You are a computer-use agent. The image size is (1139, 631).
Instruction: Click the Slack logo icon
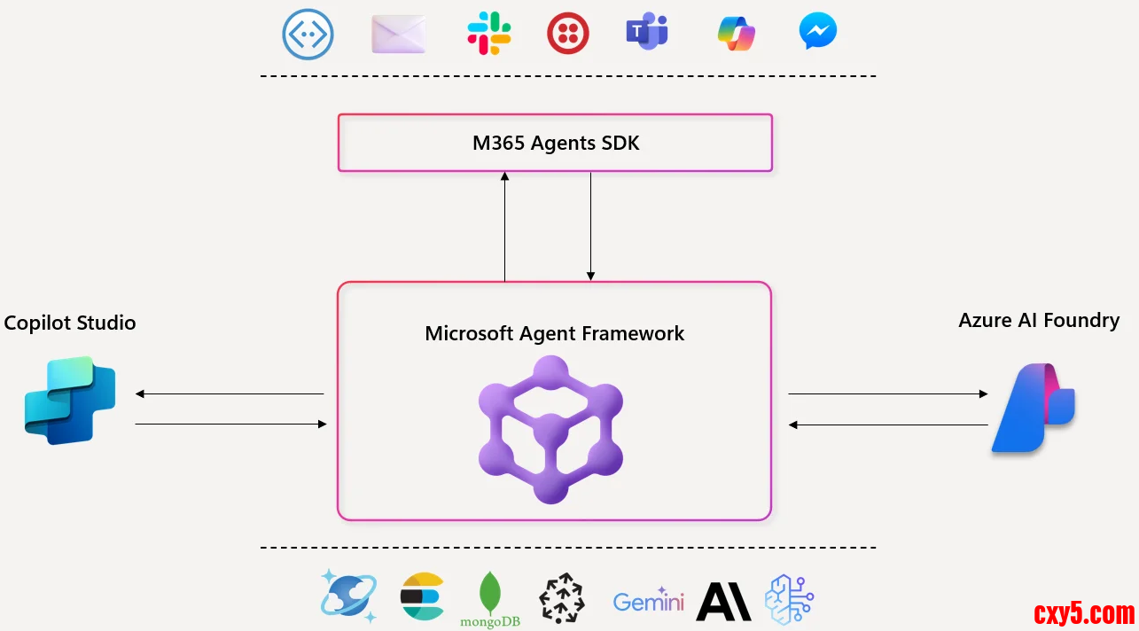489,34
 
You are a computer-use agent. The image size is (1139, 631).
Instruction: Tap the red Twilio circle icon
568,34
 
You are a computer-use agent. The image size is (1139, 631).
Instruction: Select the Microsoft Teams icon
647,33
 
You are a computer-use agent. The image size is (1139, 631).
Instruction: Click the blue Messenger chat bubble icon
817,32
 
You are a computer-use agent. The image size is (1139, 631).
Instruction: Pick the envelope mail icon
398,35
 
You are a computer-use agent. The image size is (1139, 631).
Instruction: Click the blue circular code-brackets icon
308,35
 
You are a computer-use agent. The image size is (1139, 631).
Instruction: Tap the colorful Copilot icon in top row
736,34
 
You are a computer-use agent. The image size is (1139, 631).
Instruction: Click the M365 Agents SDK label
555,143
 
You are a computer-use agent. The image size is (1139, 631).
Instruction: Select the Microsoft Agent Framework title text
554,333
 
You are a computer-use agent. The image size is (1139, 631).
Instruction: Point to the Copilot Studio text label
70,323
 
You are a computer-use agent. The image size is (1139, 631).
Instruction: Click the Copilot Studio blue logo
70,400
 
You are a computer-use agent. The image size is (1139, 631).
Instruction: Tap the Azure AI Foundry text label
1039,320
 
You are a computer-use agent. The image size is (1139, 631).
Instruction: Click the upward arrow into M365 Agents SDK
505,227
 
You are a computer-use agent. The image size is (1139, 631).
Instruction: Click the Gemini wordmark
648,603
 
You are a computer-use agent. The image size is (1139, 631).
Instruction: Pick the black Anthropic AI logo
723,601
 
